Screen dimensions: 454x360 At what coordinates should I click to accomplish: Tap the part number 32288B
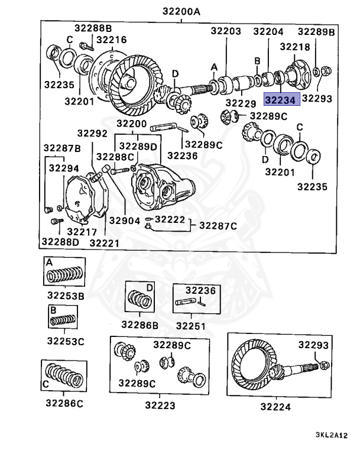93,28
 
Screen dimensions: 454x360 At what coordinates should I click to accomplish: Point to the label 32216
111,40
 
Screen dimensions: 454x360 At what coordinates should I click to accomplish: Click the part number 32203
226,31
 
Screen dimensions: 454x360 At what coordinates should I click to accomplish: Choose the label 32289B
316,31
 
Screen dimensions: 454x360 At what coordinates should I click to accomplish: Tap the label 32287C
218,225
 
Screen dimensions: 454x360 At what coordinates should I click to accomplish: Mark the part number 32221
104,242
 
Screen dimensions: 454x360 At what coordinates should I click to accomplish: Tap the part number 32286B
140,324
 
